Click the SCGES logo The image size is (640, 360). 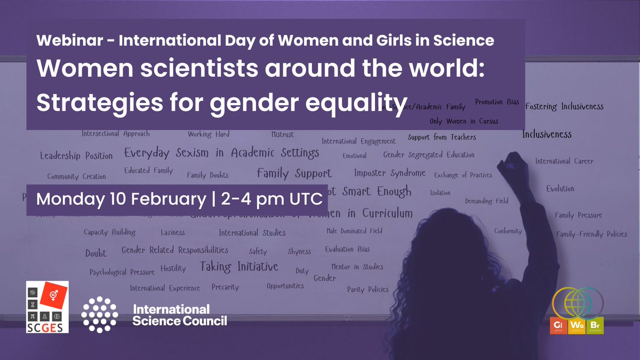47,307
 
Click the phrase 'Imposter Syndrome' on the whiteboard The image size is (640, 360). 389,173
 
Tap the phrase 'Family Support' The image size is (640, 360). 294,173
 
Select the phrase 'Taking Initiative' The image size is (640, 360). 239,266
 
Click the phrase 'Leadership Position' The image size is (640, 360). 76,156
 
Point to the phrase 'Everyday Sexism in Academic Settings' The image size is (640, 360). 221,153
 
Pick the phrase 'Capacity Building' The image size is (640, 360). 109,232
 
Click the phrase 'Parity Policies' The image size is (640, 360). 367,290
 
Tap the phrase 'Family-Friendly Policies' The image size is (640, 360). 591,234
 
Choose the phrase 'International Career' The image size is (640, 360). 564,161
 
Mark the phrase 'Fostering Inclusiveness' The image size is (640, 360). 564,107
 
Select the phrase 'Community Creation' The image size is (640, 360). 76,177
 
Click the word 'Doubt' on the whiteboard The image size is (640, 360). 95,253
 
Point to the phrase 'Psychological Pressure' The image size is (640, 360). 122,271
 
